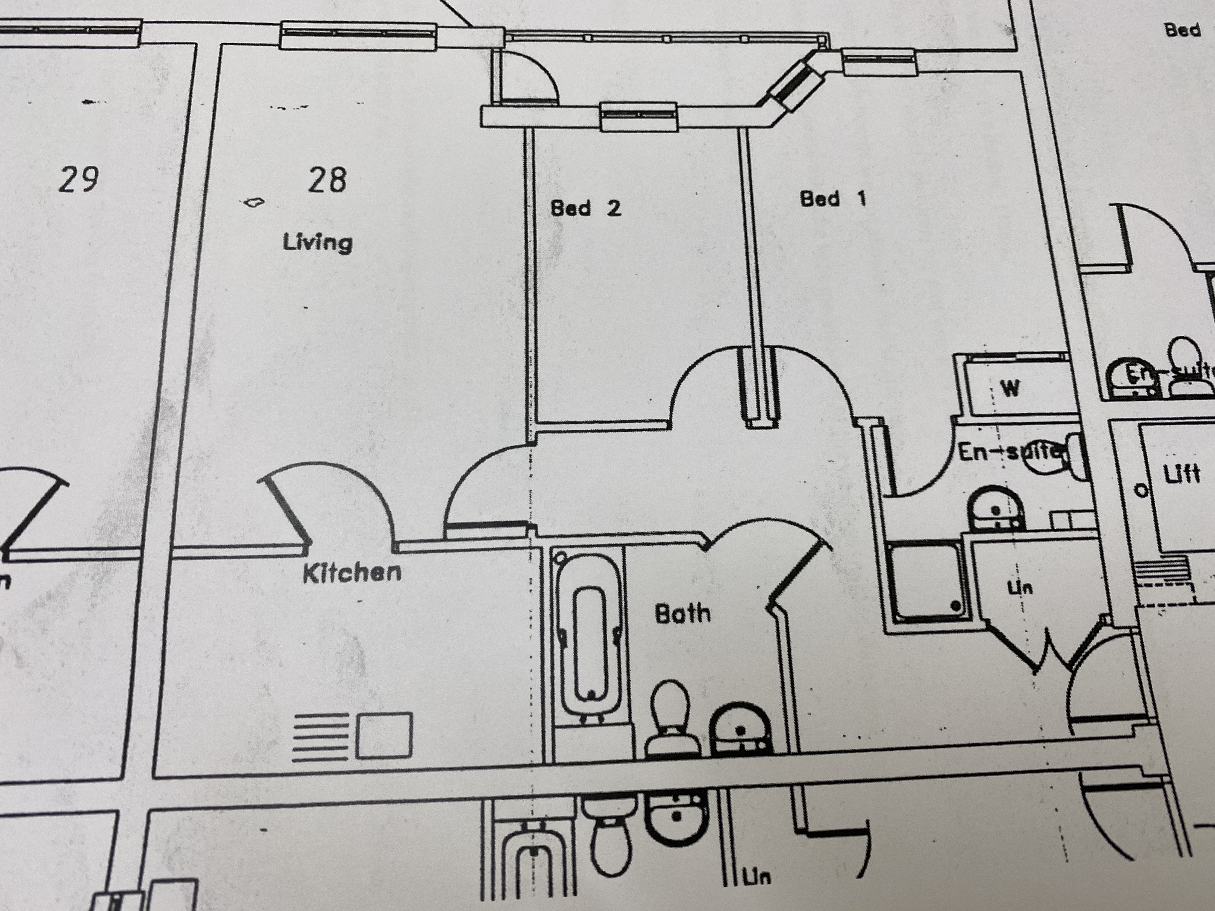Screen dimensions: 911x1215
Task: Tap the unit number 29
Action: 79,180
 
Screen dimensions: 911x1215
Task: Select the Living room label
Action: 318,242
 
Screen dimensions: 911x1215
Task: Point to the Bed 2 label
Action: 586,208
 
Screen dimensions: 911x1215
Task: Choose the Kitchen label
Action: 352,573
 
